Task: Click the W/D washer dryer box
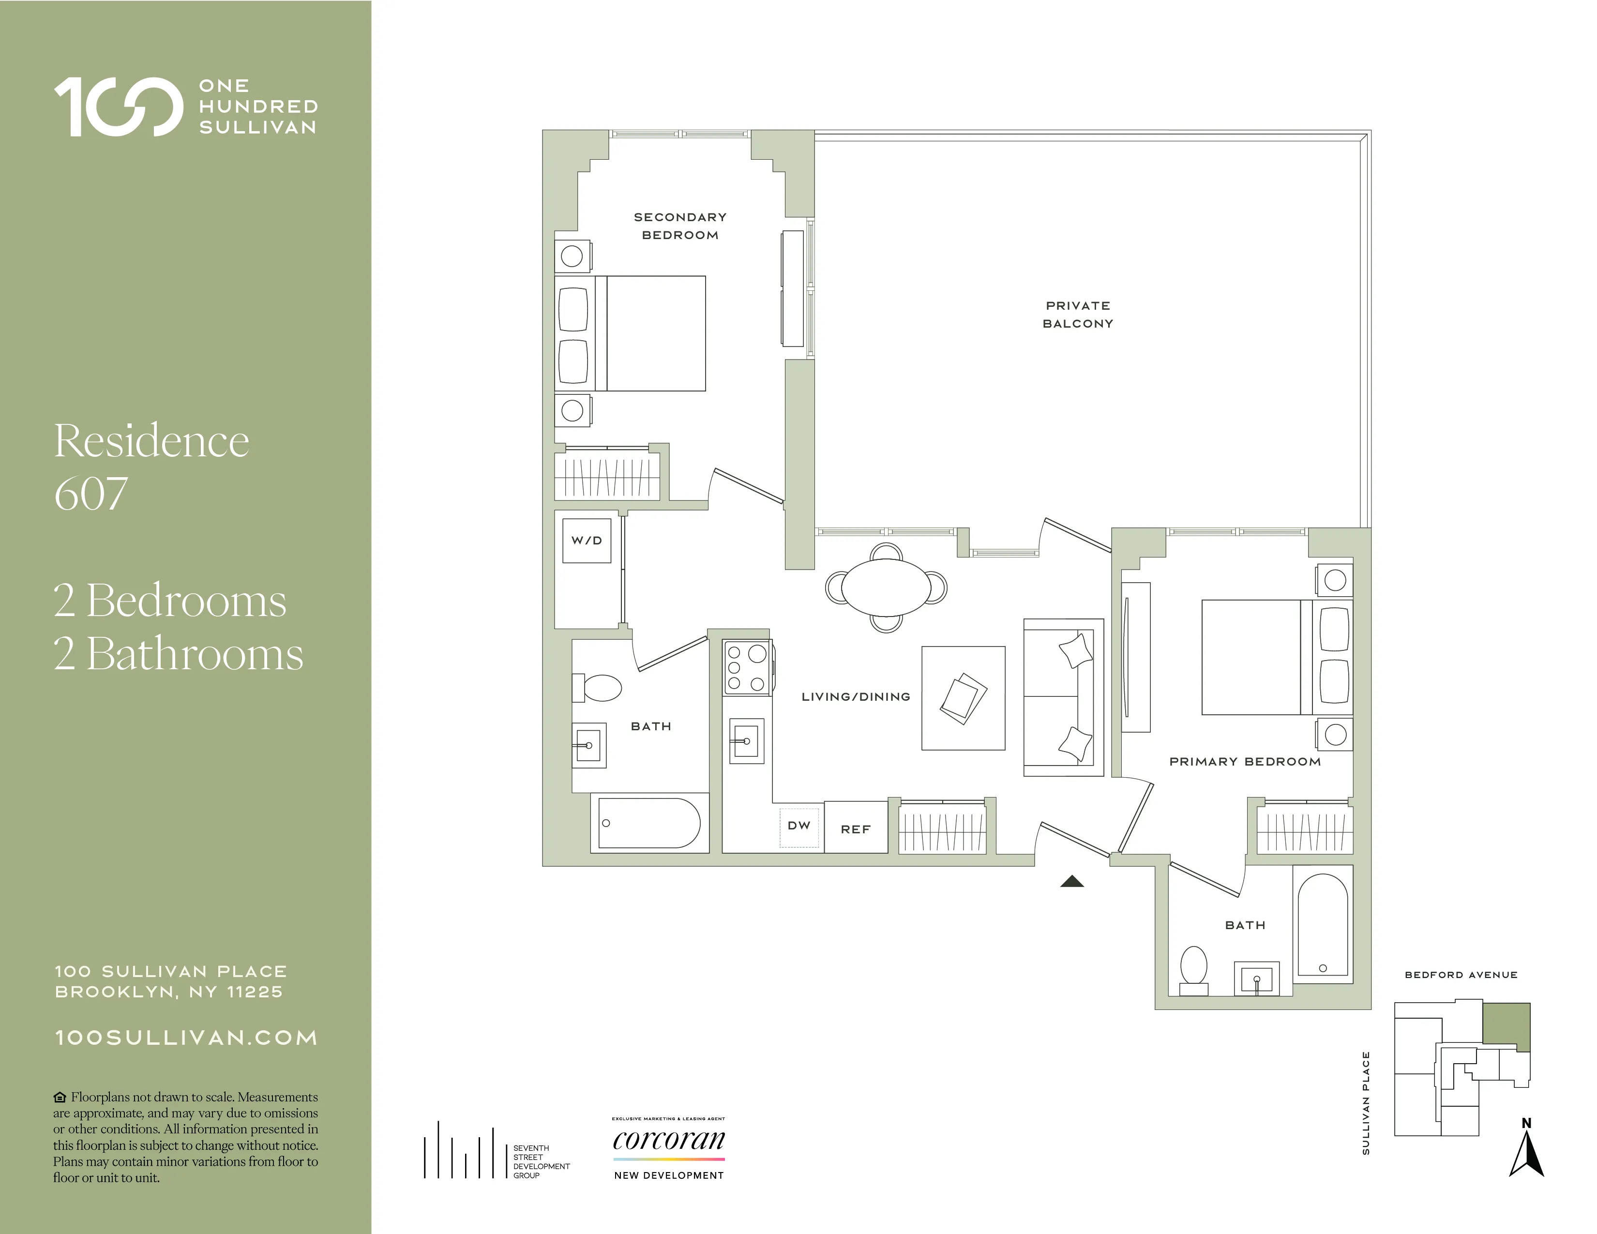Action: click(x=587, y=540)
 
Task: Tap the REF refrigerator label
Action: click(x=856, y=829)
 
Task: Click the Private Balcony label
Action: click(x=1078, y=315)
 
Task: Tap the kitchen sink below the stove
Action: click(x=746, y=741)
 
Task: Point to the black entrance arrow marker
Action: click(x=1072, y=882)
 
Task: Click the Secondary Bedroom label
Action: click(x=680, y=226)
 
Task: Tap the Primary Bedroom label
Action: click(x=1245, y=762)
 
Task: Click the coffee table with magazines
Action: click(x=963, y=698)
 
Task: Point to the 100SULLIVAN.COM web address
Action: click(x=186, y=1038)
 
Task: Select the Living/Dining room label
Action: click(x=856, y=697)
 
